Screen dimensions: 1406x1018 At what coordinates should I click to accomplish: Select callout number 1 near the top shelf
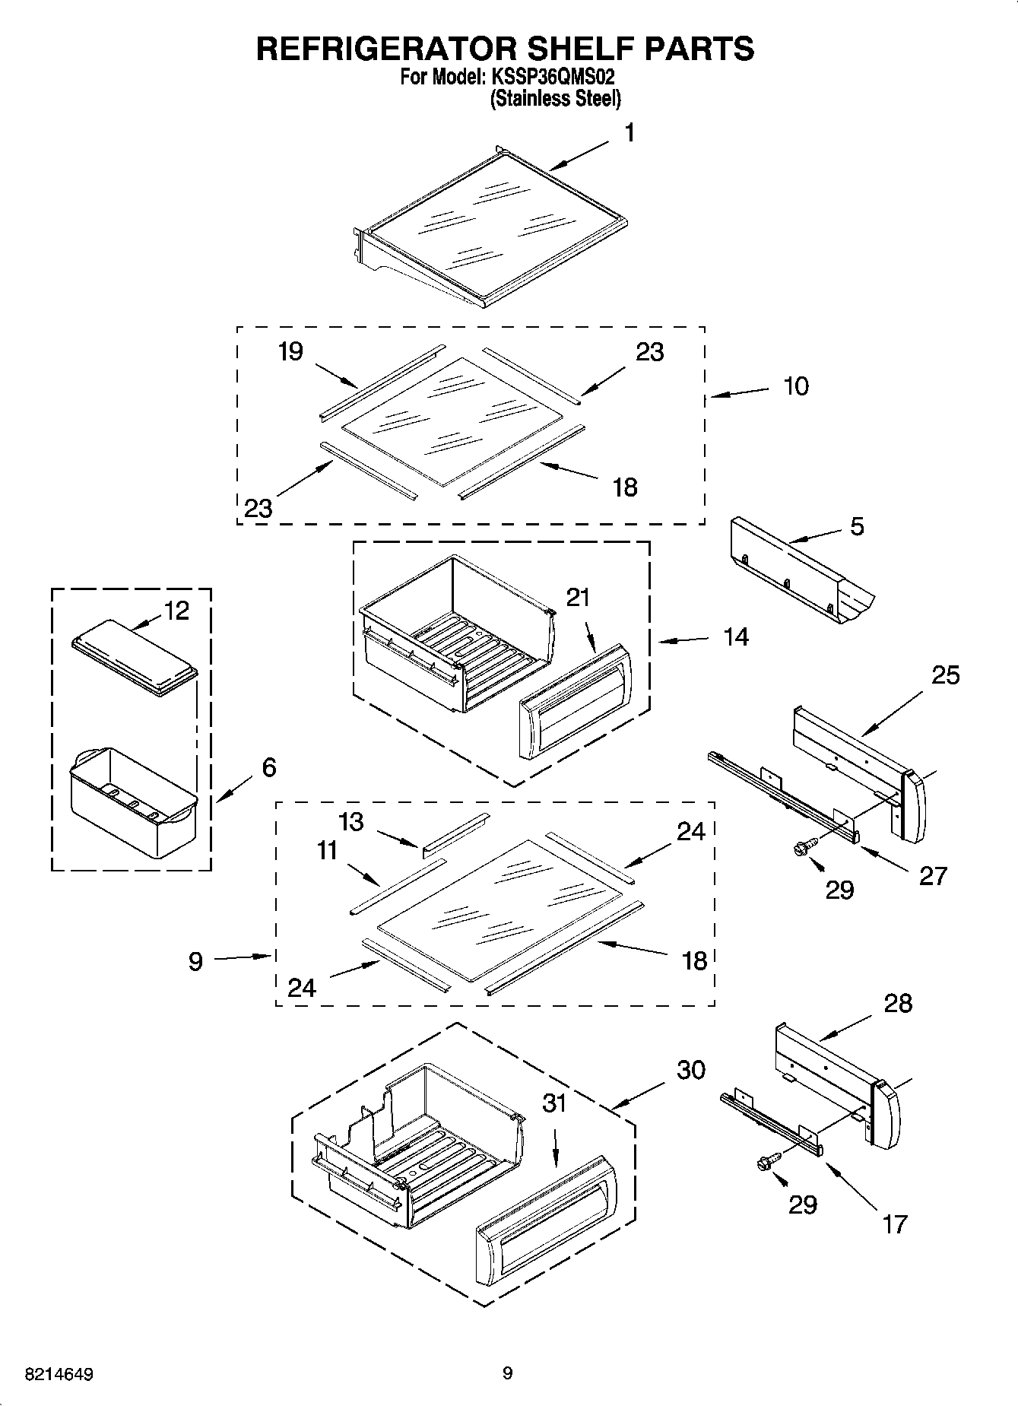pyautogui.click(x=629, y=134)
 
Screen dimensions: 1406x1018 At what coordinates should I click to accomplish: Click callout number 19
pyautogui.click(x=290, y=351)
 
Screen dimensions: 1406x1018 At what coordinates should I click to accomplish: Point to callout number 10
pyautogui.click(x=795, y=386)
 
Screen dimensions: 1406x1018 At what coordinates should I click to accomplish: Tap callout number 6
pyautogui.click(x=268, y=767)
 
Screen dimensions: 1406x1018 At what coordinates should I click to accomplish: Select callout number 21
pyautogui.click(x=578, y=598)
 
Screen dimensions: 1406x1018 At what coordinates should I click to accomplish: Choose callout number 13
pyautogui.click(x=351, y=822)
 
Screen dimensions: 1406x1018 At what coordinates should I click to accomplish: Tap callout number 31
pyautogui.click(x=554, y=1103)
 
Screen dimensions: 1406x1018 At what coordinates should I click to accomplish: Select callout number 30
pyautogui.click(x=691, y=1070)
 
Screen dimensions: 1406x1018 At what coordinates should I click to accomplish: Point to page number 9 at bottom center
pyautogui.click(x=508, y=1373)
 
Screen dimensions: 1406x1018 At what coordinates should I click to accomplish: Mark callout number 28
pyautogui.click(x=897, y=1004)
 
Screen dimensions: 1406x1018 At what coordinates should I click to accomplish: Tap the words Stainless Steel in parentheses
pyautogui.click(x=556, y=99)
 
